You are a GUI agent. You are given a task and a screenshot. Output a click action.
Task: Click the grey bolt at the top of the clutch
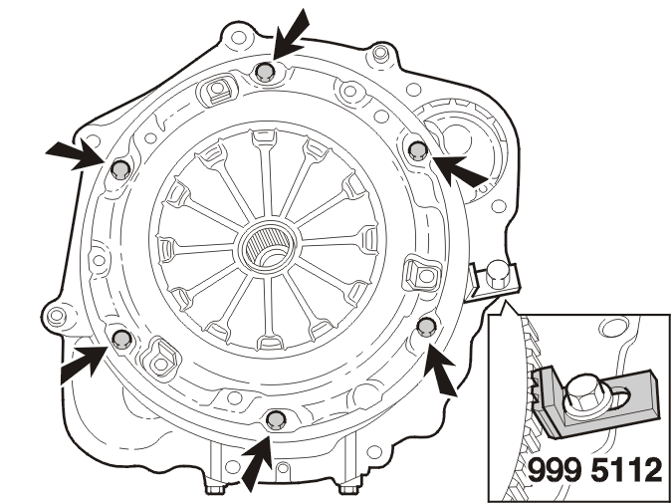265,72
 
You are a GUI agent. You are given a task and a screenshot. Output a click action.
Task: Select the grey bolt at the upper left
120,170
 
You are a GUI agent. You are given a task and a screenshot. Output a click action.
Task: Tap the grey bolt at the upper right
418,150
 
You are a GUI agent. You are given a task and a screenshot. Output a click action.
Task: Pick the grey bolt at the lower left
122,339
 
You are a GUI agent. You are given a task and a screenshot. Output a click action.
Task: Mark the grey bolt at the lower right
427,326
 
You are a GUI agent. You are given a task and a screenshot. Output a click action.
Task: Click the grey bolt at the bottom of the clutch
276,419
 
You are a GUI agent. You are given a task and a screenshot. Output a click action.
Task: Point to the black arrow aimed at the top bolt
290,35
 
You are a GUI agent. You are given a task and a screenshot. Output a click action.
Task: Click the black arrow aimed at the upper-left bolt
76,153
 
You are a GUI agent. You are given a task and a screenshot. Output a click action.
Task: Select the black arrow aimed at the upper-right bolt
459,171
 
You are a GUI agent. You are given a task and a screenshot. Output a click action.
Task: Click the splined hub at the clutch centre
268,247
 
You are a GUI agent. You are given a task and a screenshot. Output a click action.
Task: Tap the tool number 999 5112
594,470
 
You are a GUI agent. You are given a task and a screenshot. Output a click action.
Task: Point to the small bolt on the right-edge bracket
497,274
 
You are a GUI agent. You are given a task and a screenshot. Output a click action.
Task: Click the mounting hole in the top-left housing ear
238,37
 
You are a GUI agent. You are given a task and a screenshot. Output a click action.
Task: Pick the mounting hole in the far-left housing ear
57,317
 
